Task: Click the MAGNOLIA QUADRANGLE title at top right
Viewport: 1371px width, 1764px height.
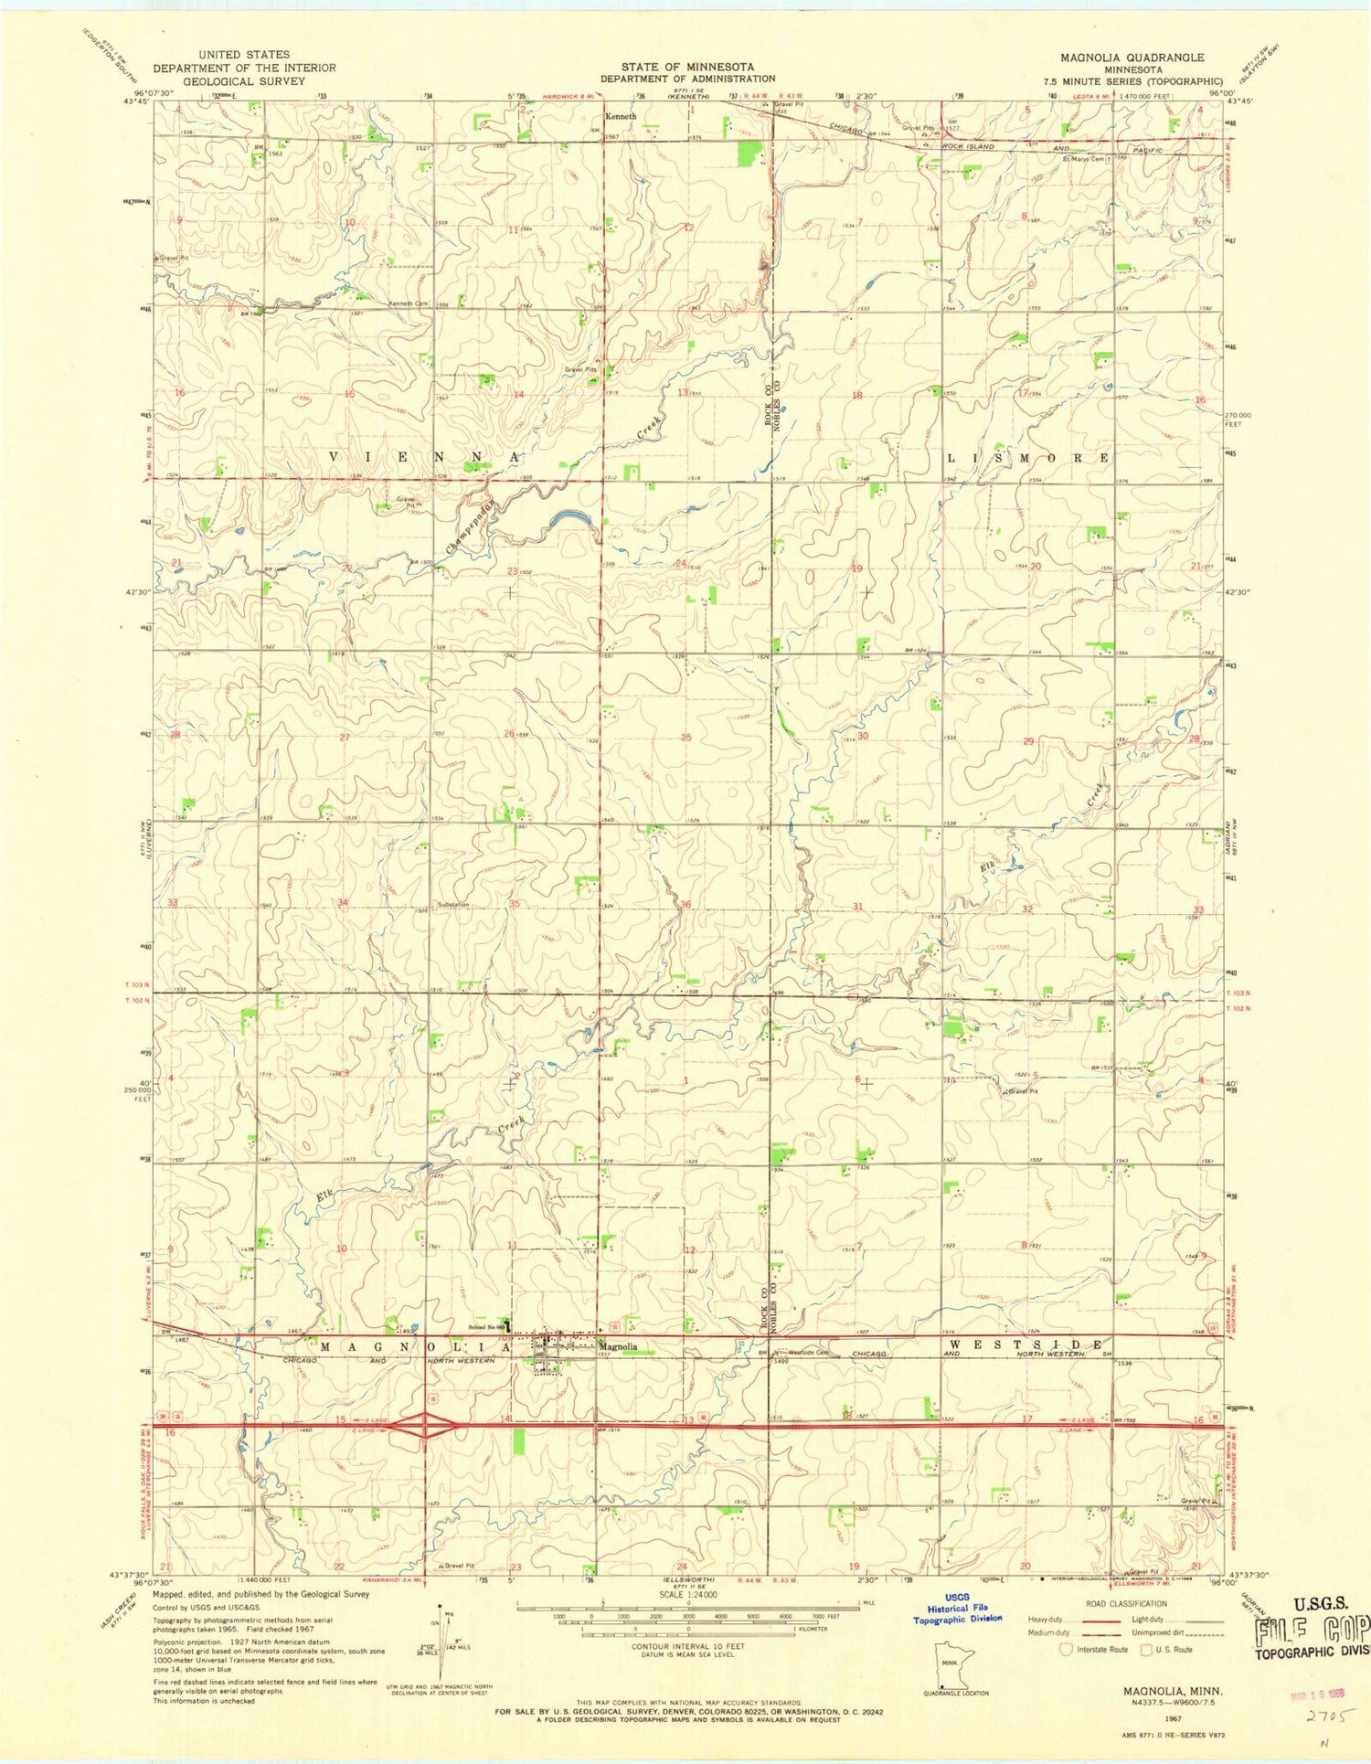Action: [x=1132, y=57]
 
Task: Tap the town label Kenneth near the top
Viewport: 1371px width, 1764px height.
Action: [x=621, y=117]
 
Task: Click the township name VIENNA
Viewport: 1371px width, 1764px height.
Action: [x=424, y=456]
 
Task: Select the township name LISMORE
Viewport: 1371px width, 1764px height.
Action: [x=1029, y=457]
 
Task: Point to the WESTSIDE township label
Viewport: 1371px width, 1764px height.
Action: [x=1026, y=1345]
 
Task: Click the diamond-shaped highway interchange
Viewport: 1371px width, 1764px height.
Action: [x=424, y=1425]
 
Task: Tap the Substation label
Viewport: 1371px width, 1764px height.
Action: [x=453, y=905]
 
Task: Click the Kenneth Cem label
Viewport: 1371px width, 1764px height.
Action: [x=409, y=303]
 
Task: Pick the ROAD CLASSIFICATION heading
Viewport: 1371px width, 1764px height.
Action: [x=1125, y=1603]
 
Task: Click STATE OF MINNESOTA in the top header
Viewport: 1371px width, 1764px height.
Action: [x=687, y=67]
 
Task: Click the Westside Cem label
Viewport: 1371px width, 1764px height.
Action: [x=808, y=1352]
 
